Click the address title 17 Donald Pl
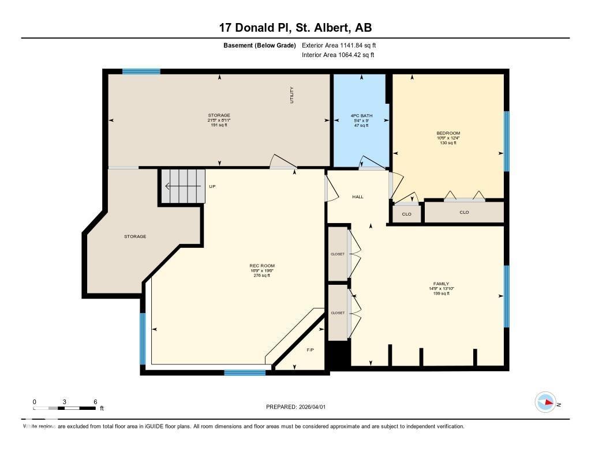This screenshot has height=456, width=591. click(x=295, y=28)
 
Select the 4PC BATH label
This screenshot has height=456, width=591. click(x=362, y=116)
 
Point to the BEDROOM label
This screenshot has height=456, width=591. click(x=448, y=133)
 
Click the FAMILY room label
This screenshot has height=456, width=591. click(x=441, y=284)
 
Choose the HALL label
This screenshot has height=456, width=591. click(x=358, y=197)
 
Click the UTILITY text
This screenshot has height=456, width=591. click(x=292, y=95)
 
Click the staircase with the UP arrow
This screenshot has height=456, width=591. click(x=182, y=186)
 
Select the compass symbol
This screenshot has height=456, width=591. click(x=545, y=402)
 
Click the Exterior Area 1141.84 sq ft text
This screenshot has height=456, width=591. click(x=339, y=45)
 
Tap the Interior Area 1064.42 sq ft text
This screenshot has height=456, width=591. click(x=338, y=55)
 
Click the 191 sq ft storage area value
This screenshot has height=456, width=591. click(x=219, y=125)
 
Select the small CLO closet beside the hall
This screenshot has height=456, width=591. click(x=406, y=214)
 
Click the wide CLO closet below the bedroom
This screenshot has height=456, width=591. click(x=464, y=212)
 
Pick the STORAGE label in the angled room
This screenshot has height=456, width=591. click(x=135, y=236)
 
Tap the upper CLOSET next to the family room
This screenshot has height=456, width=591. click(x=338, y=254)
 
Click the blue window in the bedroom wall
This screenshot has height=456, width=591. click(x=507, y=141)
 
